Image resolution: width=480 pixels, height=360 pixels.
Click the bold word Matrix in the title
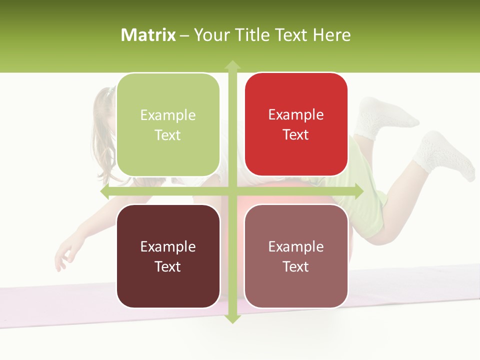(148, 35)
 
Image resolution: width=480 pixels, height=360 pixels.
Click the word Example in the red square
(296, 115)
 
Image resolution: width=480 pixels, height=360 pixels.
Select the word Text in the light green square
(168, 135)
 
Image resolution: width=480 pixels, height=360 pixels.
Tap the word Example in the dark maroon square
(168, 246)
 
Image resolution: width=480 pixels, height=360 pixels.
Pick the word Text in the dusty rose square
(296, 266)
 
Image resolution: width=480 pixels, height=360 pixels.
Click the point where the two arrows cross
(232, 191)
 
